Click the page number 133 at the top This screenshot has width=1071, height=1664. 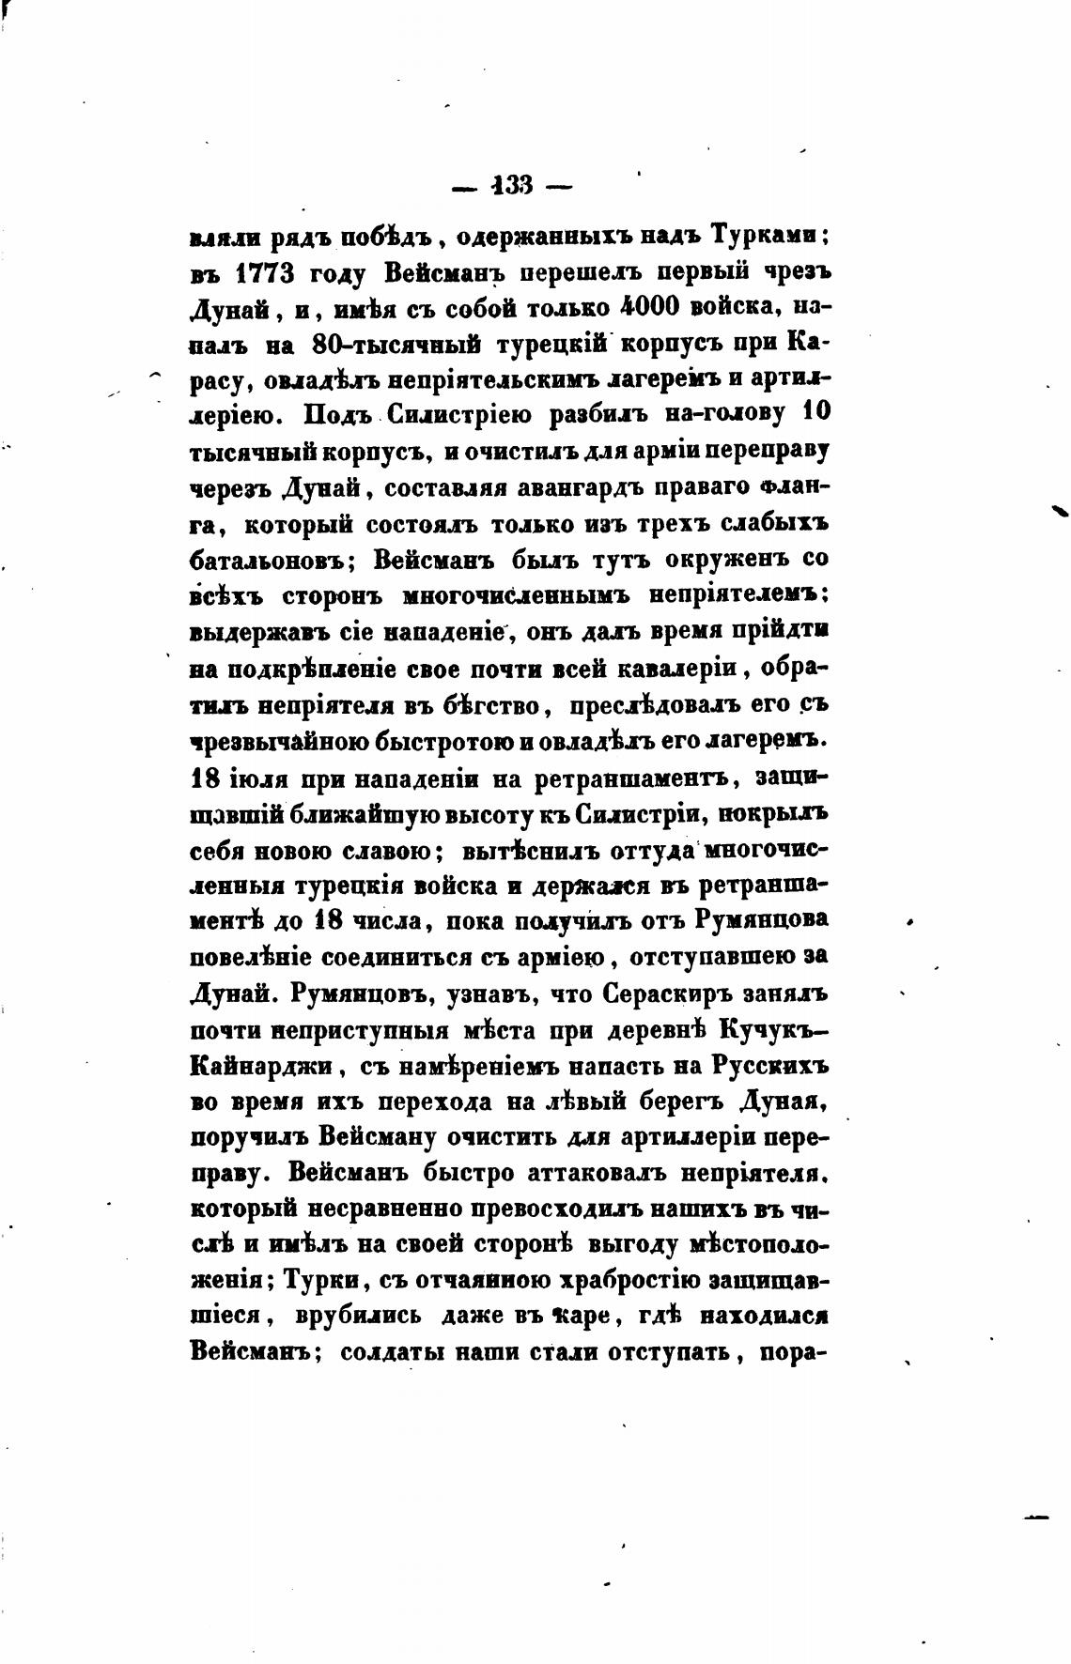(x=511, y=185)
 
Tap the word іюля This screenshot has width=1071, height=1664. (x=260, y=778)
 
